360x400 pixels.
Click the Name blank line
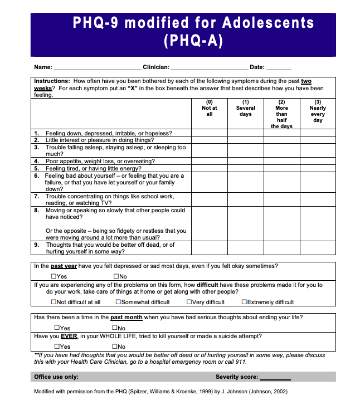point(97,67)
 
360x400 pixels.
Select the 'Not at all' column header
point(210,108)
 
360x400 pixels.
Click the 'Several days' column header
point(245,108)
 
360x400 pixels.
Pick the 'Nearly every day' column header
point(318,111)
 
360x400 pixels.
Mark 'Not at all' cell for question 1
point(210,134)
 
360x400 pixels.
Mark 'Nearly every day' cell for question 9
point(318,248)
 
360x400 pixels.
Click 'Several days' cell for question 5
point(245,168)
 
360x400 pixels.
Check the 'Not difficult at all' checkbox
point(54,303)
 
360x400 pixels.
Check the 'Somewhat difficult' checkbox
point(119,303)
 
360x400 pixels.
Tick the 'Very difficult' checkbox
point(189,303)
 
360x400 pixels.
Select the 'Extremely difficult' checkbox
point(244,303)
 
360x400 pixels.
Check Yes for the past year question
point(54,276)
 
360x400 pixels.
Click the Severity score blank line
point(275,377)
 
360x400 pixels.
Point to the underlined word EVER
point(69,336)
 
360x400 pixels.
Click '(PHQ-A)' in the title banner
point(193,41)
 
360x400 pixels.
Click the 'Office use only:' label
point(56,377)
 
